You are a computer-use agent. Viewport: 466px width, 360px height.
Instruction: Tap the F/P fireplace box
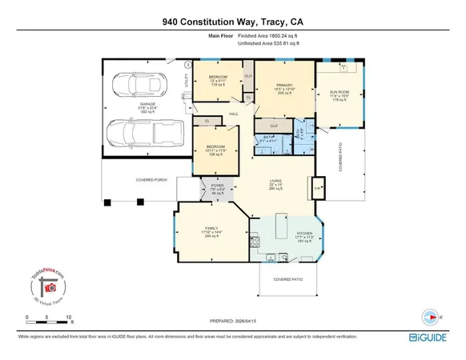pos(317,189)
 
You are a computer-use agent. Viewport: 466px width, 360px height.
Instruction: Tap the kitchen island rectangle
pos(284,222)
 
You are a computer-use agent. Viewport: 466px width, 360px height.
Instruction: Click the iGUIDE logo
pos(432,338)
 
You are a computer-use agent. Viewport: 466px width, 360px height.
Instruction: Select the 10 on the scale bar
pos(70,318)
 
